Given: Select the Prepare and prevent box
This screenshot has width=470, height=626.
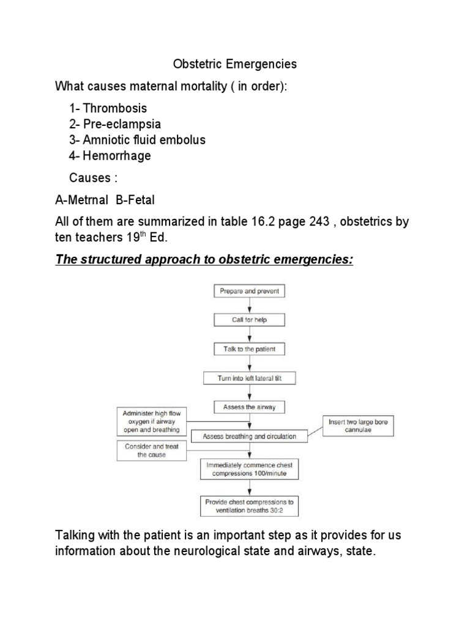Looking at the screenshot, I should [x=248, y=292].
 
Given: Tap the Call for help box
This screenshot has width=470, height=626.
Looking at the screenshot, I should [x=248, y=320].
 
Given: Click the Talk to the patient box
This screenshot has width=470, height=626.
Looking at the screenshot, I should [x=248, y=350].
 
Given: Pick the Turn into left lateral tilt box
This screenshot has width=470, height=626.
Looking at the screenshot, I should [x=248, y=378].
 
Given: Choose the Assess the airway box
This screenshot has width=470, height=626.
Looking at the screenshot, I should [x=248, y=407].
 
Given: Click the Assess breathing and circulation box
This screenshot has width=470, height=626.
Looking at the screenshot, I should [x=248, y=436].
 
